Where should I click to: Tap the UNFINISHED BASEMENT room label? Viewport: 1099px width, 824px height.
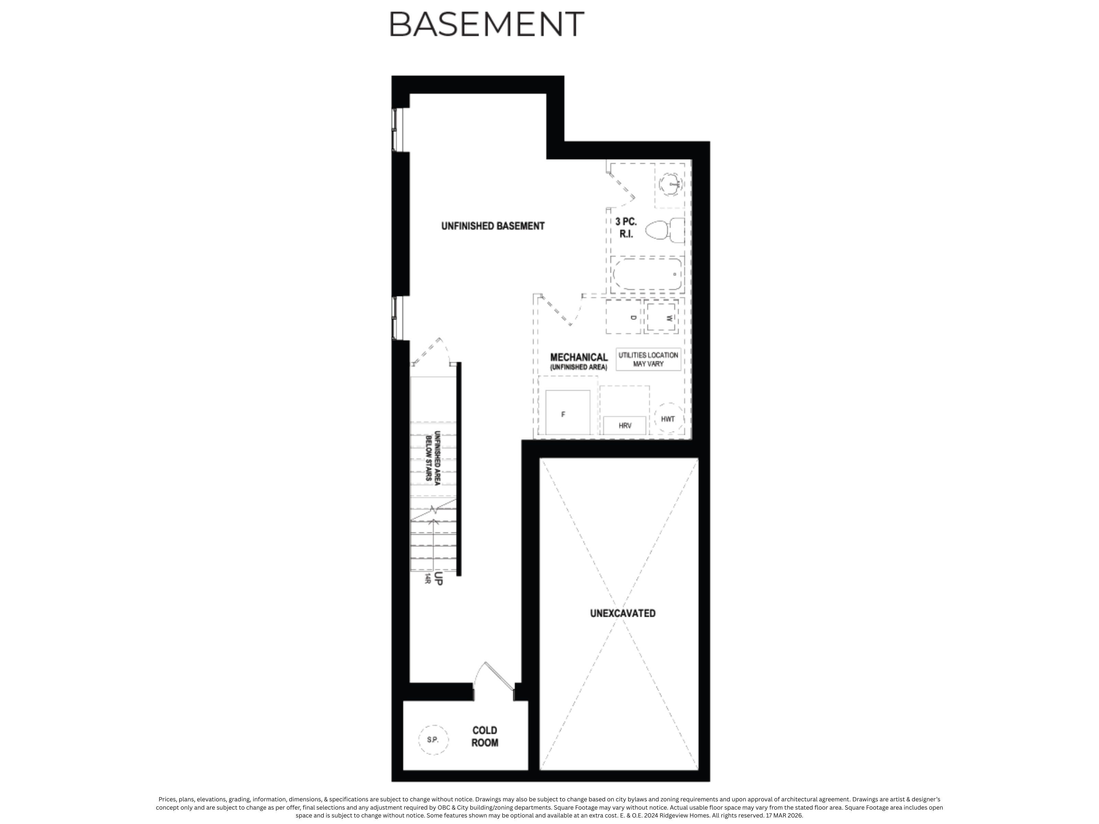[x=493, y=226]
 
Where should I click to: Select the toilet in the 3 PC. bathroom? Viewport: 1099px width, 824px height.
[x=664, y=230]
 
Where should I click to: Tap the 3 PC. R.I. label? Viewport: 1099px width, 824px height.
[x=625, y=228]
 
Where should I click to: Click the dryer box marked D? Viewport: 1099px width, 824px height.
[x=624, y=317]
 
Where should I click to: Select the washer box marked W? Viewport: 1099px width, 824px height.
[x=662, y=317]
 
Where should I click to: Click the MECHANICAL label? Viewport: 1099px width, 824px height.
[x=579, y=357]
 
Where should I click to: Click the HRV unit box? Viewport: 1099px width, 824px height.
[x=624, y=425]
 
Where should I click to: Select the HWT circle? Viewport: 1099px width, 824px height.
[x=668, y=419]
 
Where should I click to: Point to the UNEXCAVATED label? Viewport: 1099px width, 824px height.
[x=623, y=614]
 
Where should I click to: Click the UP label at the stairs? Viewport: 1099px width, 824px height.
[x=438, y=579]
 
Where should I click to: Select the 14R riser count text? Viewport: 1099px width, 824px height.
[x=427, y=578]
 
